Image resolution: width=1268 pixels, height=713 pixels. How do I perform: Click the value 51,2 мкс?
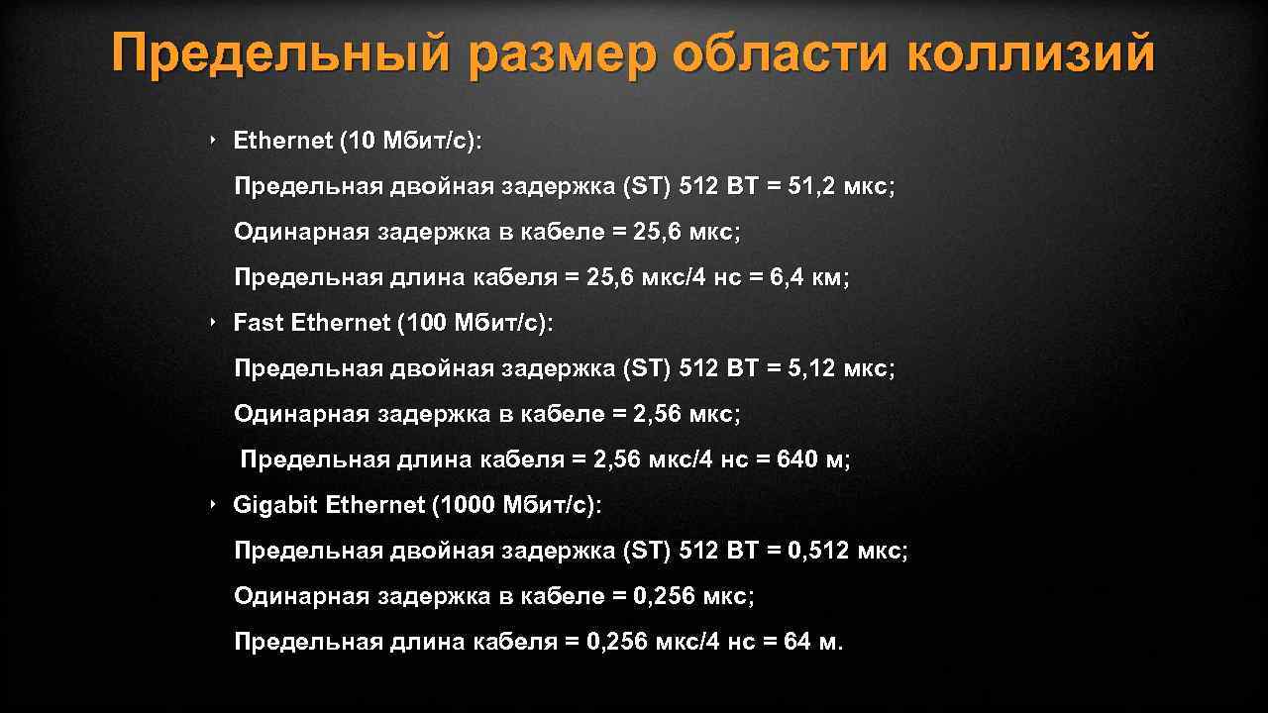click(840, 186)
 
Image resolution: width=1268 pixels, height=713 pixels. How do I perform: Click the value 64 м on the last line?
click(812, 642)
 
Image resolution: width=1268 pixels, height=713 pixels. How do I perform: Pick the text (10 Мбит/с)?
click(409, 141)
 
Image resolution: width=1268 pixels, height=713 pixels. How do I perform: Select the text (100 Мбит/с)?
click(475, 323)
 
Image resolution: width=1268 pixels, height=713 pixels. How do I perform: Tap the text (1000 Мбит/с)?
click(515, 505)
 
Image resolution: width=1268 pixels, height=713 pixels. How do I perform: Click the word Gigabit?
click(275, 505)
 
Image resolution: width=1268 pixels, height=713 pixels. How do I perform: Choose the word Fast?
click(257, 323)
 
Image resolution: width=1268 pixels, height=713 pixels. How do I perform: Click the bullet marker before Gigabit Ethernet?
click(212, 505)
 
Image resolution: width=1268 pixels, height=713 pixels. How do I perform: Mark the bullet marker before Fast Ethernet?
click(212, 323)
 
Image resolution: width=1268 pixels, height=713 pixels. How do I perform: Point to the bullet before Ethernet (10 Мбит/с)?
click(212, 141)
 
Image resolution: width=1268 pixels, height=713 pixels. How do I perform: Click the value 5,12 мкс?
click(840, 368)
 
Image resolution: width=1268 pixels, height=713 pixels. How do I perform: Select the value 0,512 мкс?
click(847, 551)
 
